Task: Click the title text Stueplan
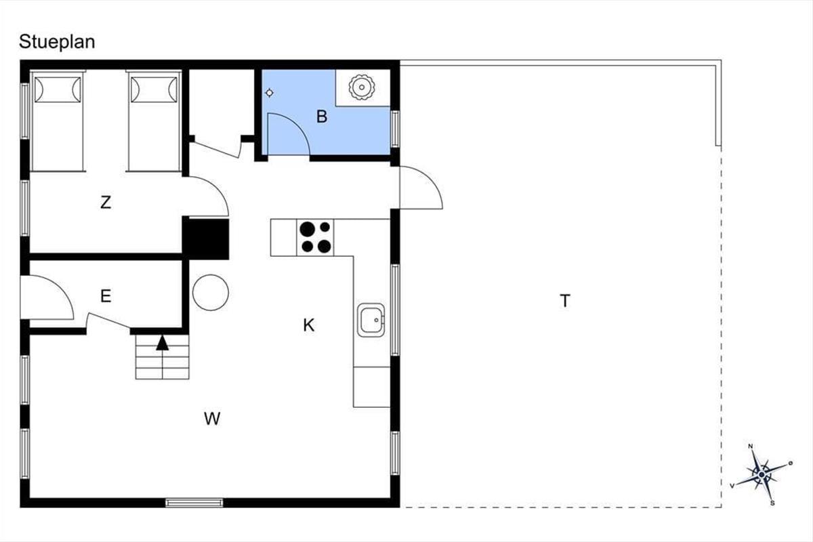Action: coord(57,42)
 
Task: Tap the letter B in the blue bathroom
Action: coord(322,117)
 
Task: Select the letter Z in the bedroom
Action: coord(106,202)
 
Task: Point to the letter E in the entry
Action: coord(106,296)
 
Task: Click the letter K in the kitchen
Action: coord(308,325)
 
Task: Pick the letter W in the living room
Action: coord(212,419)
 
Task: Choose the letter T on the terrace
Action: coord(565,301)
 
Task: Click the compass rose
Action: coord(762,474)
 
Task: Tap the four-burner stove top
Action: coord(316,237)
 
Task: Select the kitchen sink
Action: coord(371,320)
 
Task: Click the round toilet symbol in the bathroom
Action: coord(362,87)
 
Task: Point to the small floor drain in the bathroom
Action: coord(270,93)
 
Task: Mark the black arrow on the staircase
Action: coord(162,343)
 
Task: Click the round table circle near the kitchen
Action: coord(211,292)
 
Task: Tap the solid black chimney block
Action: coord(205,239)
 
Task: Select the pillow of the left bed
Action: coord(58,89)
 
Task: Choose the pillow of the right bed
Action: coord(154,89)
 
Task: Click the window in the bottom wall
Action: coord(194,503)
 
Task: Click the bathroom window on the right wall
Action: coord(395,129)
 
